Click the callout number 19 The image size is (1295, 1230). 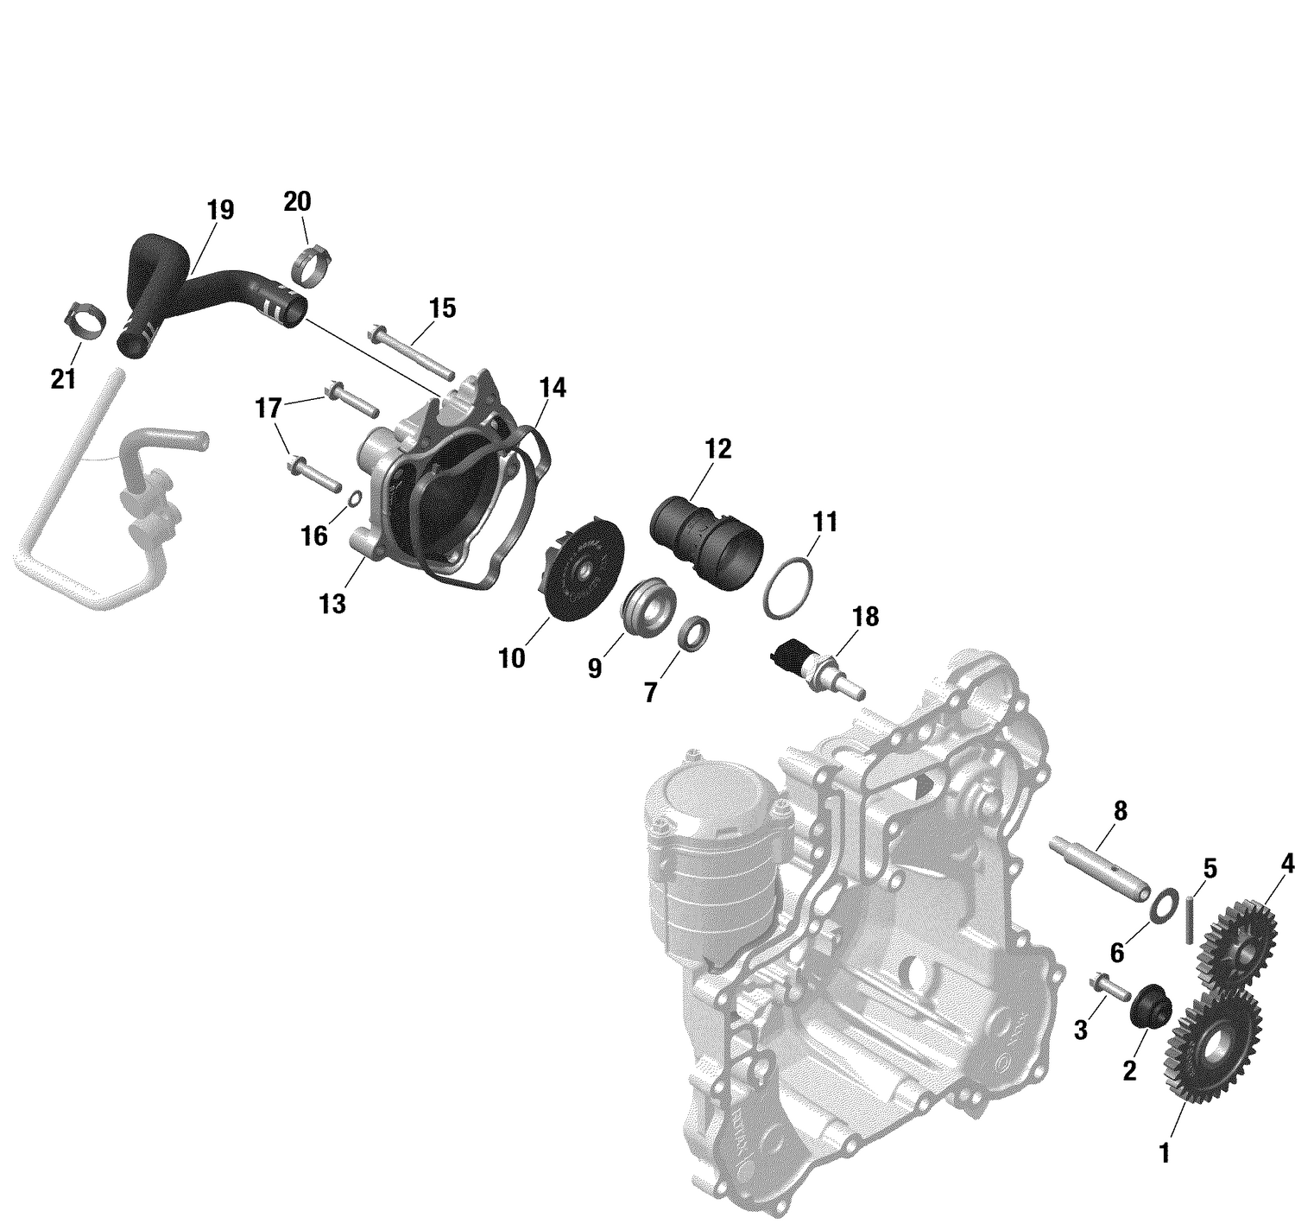tap(220, 210)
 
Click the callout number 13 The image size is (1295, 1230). tap(332, 604)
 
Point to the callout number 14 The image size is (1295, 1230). tap(553, 389)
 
